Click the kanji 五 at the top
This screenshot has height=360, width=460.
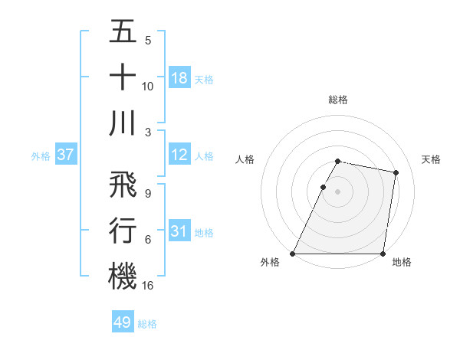click(122, 33)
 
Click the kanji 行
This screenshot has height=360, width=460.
click(122, 230)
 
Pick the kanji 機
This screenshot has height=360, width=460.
click(122, 275)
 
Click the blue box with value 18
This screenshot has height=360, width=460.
click(179, 78)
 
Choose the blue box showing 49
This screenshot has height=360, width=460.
click(123, 323)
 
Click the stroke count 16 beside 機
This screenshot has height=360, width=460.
click(148, 286)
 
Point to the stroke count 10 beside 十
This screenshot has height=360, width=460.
click(148, 87)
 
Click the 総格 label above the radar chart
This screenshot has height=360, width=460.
click(338, 100)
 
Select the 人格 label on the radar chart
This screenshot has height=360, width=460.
click(245, 159)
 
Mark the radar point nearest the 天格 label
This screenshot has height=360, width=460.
click(396, 173)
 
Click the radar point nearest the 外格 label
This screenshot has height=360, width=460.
click(293, 254)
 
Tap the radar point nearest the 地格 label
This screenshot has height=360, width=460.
click(383, 254)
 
